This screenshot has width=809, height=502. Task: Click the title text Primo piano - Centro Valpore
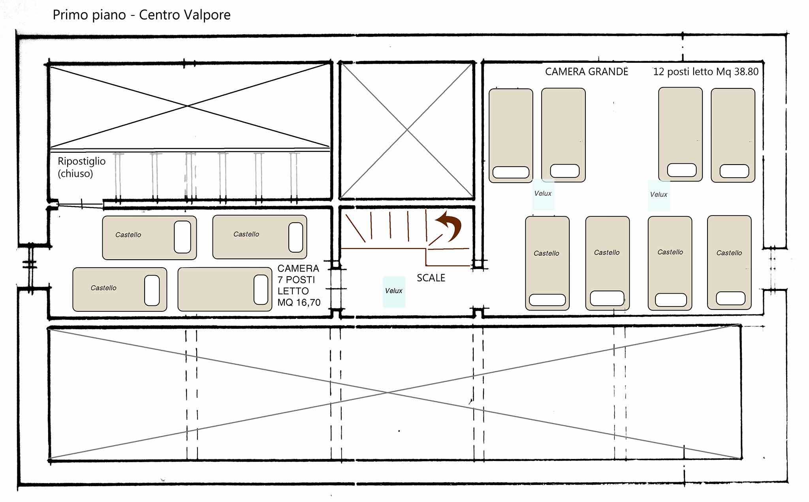click(x=141, y=15)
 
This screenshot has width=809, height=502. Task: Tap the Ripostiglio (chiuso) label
click(x=81, y=167)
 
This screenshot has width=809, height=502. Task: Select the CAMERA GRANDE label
click(x=587, y=71)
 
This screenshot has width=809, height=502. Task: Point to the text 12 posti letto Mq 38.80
click(x=706, y=71)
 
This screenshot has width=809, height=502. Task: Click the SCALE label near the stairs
click(x=431, y=278)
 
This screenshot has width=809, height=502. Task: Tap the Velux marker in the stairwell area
click(x=394, y=291)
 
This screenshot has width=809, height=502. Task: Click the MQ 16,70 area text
click(x=299, y=303)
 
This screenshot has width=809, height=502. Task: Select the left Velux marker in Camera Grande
click(x=543, y=194)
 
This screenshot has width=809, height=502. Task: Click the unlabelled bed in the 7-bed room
click(x=225, y=289)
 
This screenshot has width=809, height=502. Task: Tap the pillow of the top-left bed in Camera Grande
click(x=511, y=172)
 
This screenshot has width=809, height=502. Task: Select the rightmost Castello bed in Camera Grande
click(x=729, y=262)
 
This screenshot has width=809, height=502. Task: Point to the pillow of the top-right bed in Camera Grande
click(x=734, y=171)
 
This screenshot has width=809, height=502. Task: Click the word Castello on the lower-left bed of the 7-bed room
click(x=103, y=288)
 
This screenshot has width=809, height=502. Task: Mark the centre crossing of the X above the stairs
click(x=407, y=130)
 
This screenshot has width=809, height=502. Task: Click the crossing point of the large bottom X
click(x=388, y=393)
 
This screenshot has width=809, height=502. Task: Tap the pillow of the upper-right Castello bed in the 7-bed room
click(x=296, y=237)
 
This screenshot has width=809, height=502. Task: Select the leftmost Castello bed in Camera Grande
click(x=547, y=263)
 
